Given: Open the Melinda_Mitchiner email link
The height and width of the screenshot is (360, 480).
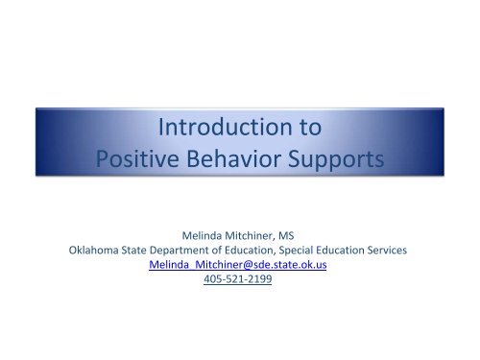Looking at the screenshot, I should [x=239, y=268].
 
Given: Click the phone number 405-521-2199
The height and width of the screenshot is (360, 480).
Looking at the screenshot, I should [x=239, y=283].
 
